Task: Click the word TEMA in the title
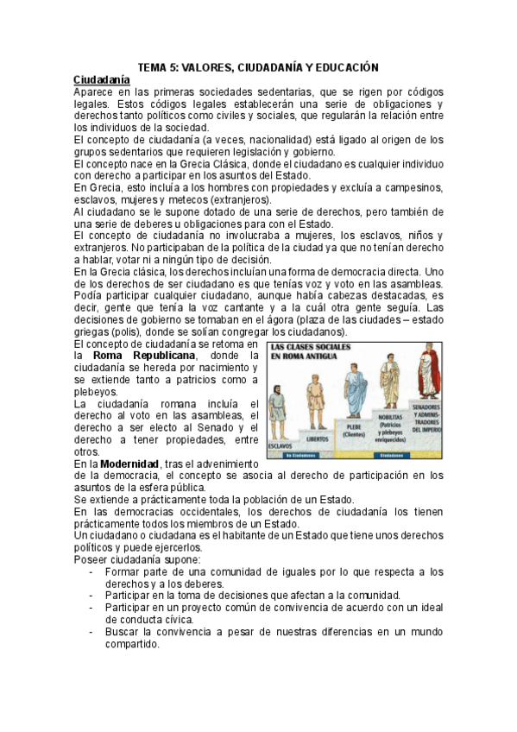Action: (x=154, y=66)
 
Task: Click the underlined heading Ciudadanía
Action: (x=102, y=79)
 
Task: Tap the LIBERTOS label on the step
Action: (x=316, y=439)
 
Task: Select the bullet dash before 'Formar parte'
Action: (x=92, y=571)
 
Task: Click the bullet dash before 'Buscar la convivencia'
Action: (x=92, y=632)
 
